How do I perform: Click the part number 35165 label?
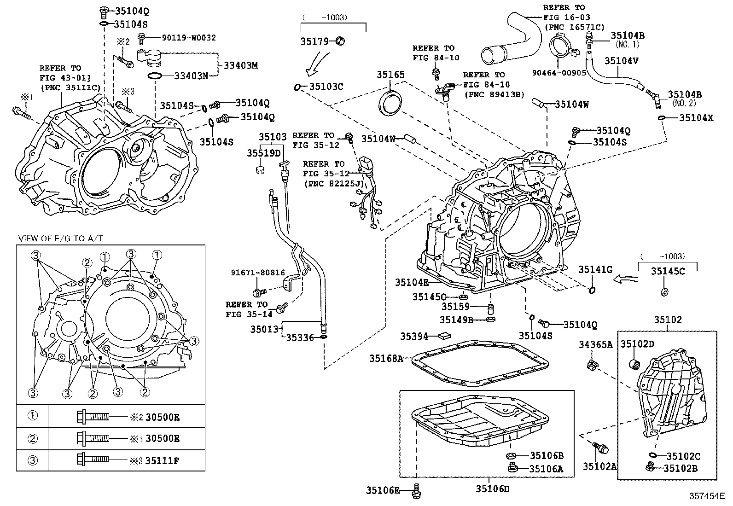390,75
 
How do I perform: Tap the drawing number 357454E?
707,496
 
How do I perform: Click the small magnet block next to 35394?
445,337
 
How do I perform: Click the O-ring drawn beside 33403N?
155,75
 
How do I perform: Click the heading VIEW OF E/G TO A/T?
60,238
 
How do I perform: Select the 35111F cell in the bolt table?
162,460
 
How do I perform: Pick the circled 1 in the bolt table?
32,416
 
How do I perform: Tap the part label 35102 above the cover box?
668,320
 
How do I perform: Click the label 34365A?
595,344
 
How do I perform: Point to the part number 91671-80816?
258,273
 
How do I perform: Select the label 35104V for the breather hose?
621,60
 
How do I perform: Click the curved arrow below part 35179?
318,64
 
